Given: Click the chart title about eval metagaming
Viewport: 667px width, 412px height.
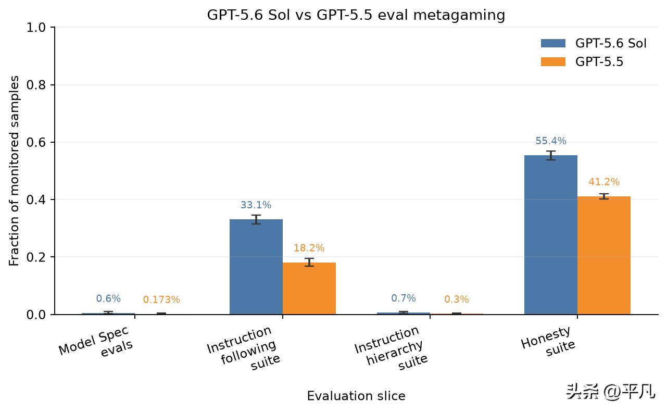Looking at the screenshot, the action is point(356,15).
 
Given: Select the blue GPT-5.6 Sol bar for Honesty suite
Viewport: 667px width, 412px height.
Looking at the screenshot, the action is point(550,235).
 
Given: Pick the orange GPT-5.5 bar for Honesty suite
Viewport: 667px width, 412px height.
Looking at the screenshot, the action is point(604,255).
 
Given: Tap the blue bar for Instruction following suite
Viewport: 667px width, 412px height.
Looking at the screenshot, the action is point(256,267).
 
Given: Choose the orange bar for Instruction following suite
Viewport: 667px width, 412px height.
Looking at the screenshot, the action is point(309,289).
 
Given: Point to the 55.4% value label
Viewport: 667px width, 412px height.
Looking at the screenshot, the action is point(551,141).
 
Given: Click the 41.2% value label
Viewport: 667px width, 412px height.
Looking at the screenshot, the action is point(604,182).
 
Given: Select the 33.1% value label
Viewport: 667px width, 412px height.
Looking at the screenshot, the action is point(256,205).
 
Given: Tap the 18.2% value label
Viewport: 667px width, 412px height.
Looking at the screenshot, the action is point(309,248).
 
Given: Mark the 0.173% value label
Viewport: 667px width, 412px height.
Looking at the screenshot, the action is point(161,299).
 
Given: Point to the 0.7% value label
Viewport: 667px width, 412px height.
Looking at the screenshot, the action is point(403,298).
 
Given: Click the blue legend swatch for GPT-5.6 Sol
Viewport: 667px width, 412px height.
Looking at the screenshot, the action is point(553,43).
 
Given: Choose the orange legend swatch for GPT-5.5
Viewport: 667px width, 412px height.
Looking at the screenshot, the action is point(553,61).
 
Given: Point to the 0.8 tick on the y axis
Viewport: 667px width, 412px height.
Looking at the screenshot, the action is point(53,85).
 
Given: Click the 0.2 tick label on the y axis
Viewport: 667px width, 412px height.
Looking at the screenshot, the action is point(36,257).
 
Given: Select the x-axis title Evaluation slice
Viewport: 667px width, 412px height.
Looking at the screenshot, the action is point(356,396).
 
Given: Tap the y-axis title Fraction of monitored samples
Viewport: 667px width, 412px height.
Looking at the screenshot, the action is point(14,171).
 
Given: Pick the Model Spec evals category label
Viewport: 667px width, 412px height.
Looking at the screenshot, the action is point(96,342).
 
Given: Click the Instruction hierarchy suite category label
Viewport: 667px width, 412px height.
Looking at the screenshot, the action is point(391,348).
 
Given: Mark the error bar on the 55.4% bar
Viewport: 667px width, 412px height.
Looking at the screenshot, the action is point(551,156).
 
